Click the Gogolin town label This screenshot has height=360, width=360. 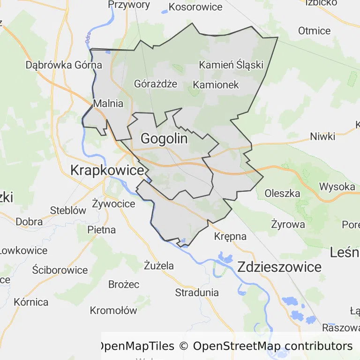164,139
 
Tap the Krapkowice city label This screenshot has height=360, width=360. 107,171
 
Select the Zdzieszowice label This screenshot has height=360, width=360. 279,267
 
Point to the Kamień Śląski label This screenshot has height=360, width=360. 231,65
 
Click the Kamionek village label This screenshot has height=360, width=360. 216,85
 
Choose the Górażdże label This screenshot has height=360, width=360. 156,84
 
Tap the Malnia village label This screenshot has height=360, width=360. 108,104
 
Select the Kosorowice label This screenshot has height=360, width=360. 195,7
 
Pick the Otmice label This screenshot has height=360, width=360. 314,31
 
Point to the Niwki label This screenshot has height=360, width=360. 322,137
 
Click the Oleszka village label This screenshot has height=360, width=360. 282,193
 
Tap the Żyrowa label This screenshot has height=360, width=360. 288,224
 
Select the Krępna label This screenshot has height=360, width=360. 230,236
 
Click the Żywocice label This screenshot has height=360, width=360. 113,204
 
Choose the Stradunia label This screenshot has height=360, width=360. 197,292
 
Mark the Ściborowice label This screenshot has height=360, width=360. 60,270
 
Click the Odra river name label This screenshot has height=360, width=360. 88,38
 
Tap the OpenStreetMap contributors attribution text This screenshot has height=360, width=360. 272,346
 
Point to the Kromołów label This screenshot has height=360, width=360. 113,310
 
